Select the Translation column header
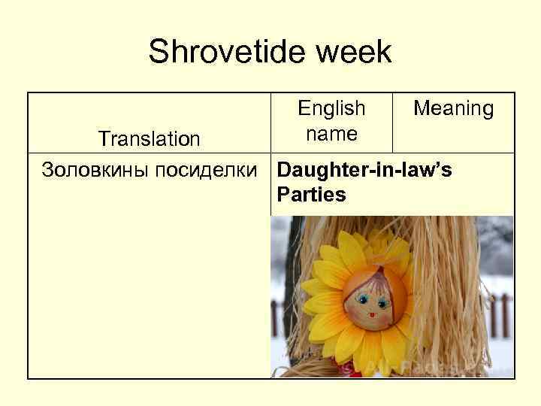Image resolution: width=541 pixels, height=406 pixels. click(150, 139)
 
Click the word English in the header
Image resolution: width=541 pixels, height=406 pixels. click(331, 108)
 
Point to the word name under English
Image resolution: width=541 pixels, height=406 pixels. click(331, 135)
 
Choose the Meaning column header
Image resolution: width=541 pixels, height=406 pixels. click(453, 109)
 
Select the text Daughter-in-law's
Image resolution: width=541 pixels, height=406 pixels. click(364, 170)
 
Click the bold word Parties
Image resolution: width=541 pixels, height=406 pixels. click(311, 195)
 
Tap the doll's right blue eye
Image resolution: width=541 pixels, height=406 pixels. click(382, 303)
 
